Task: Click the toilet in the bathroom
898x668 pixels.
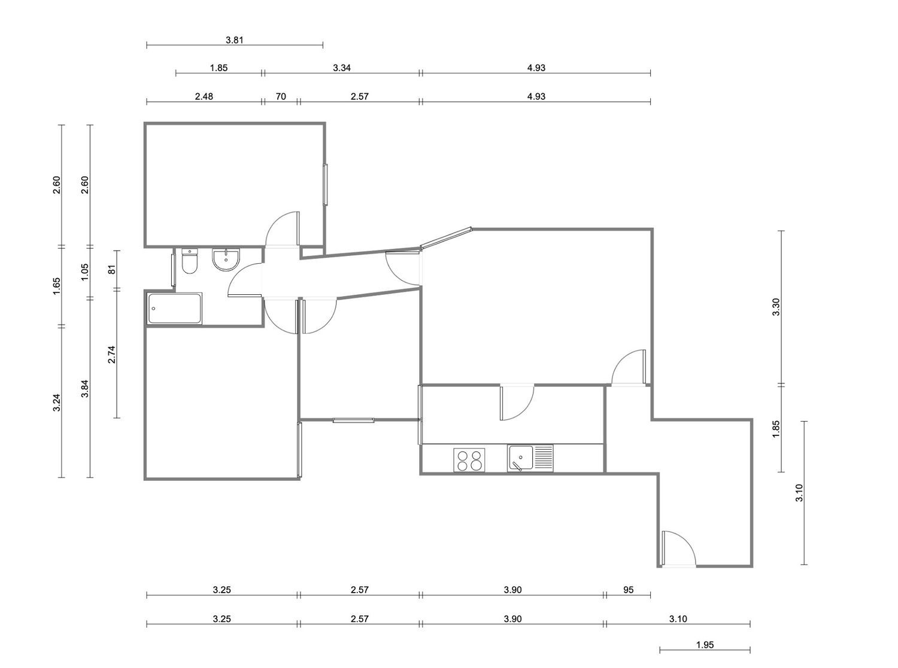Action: (x=189, y=261)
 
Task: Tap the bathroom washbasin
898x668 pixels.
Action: (x=226, y=260)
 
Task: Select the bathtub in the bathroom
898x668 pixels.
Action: (x=174, y=309)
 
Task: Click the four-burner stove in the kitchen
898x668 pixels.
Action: (x=469, y=460)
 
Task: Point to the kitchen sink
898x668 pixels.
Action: (x=530, y=458)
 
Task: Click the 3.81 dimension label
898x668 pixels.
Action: (x=235, y=40)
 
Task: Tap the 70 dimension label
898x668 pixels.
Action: (x=281, y=96)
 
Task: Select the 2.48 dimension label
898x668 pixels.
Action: (x=204, y=96)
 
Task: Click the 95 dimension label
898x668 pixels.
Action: (x=628, y=590)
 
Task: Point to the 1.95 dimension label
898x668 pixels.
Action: (x=705, y=645)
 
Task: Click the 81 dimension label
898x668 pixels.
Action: (x=112, y=269)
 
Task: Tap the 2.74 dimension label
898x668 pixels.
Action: (x=112, y=355)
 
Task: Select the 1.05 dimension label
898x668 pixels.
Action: (x=84, y=272)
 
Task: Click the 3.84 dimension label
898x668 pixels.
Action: (x=84, y=388)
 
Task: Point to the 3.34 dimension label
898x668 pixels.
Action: (x=342, y=68)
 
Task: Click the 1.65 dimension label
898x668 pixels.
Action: (x=57, y=286)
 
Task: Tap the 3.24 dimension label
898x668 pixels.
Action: (x=57, y=402)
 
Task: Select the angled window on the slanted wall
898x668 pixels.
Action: (x=446, y=238)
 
